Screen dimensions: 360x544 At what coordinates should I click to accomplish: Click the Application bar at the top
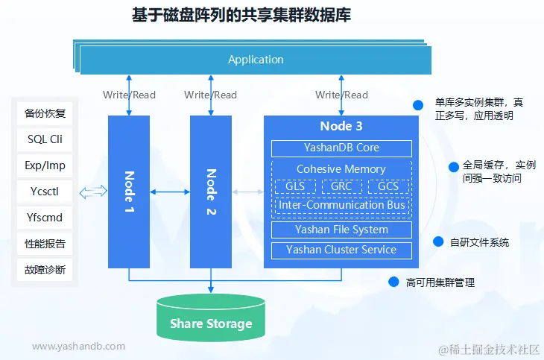click(x=256, y=60)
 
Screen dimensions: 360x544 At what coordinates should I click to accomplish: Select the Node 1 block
click(x=129, y=192)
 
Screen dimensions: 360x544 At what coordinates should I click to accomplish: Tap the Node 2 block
click(x=211, y=192)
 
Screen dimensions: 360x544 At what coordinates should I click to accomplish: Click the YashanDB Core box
click(x=341, y=148)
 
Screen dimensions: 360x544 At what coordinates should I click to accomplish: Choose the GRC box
click(x=341, y=186)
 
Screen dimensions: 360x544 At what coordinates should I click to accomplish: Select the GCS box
click(x=388, y=186)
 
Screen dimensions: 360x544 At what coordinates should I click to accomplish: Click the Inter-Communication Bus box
click(x=341, y=204)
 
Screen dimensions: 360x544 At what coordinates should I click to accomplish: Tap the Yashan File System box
click(x=341, y=230)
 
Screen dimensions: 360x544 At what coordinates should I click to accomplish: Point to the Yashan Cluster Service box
click(x=341, y=250)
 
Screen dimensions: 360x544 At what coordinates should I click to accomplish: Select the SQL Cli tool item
click(x=45, y=139)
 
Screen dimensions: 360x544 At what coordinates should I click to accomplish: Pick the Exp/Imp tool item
click(x=45, y=165)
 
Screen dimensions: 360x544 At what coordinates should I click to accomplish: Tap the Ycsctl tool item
click(x=45, y=192)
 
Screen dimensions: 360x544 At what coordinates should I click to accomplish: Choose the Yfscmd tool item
click(x=45, y=218)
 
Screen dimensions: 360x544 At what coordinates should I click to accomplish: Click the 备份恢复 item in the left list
click(x=45, y=113)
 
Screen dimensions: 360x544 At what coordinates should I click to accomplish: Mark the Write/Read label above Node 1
click(x=129, y=95)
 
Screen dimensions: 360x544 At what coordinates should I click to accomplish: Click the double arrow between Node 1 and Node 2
click(x=170, y=192)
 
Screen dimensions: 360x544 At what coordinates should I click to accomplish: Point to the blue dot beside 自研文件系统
click(x=439, y=241)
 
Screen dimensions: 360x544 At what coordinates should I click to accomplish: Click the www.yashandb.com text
click(x=79, y=346)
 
